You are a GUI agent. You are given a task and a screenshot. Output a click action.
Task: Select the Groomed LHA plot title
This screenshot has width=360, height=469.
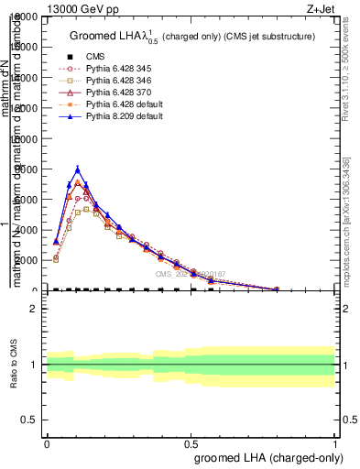pos(192,36)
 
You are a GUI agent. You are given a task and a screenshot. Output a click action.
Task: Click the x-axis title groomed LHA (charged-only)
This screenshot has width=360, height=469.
pos(265,456)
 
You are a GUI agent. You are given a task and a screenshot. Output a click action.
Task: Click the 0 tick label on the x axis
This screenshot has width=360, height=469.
pos(47,443)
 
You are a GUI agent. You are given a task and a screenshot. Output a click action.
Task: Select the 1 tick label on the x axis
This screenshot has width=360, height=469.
pos(334,443)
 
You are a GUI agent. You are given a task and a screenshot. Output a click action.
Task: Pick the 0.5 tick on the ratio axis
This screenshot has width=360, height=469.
pos(29,420)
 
